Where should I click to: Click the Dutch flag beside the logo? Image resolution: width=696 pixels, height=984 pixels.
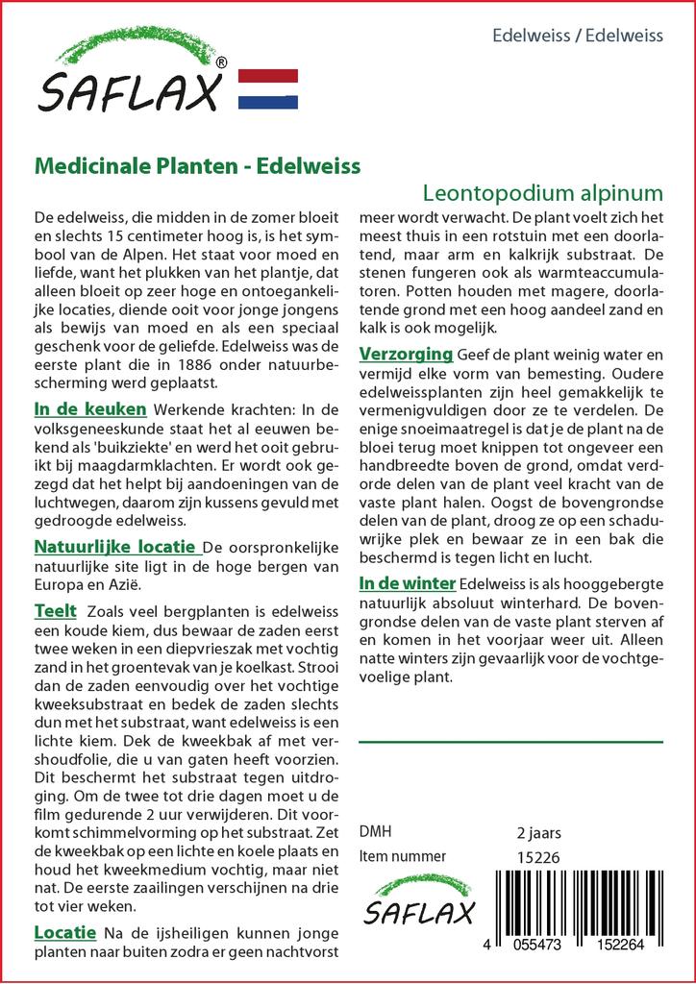tap(268, 89)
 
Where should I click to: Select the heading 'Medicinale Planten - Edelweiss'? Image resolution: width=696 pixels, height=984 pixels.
tap(197, 164)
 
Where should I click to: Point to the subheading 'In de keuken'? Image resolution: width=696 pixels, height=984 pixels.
tap(90, 409)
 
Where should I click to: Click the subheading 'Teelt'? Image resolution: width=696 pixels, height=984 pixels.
tap(56, 611)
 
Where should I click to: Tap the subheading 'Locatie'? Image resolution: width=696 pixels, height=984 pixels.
tap(64, 932)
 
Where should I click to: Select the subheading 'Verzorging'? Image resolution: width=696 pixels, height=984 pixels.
tap(406, 354)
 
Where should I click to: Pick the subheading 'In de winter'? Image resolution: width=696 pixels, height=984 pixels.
tap(408, 583)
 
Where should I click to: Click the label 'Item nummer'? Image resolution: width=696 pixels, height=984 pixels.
tap(402, 856)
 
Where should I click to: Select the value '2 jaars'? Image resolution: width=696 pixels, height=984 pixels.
tap(538, 833)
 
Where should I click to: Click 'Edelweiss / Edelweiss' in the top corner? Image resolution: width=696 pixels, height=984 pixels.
tap(577, 36)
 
